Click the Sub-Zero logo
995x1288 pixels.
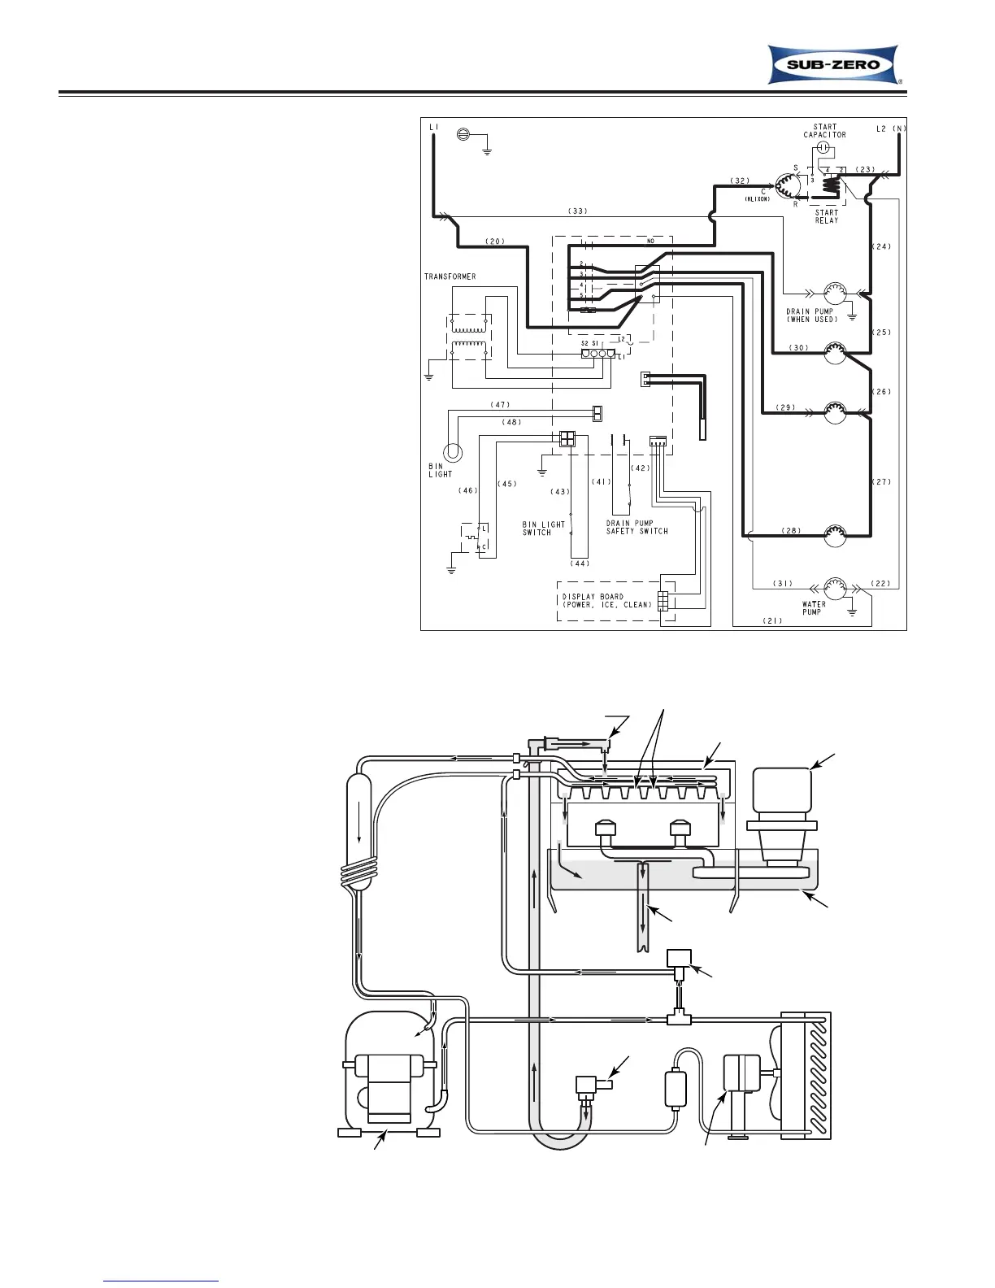(835, 65)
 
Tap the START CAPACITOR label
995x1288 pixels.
(824, 131)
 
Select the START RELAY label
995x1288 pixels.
(826, 216)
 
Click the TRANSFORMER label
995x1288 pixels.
(450, 276)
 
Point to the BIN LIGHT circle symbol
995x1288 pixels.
(451, 452)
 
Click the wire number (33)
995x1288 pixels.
(577, 211)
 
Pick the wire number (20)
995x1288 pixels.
(495, 241)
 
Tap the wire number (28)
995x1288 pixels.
(790, 531)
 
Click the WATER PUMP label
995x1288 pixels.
(813, 608)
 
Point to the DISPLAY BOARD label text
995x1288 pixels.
(606, 601)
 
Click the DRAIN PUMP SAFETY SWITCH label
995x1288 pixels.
(637, 528)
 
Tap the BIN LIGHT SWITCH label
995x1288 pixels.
(544, 529)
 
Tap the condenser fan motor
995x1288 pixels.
(741, 1081)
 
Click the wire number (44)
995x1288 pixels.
(579, 563)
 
